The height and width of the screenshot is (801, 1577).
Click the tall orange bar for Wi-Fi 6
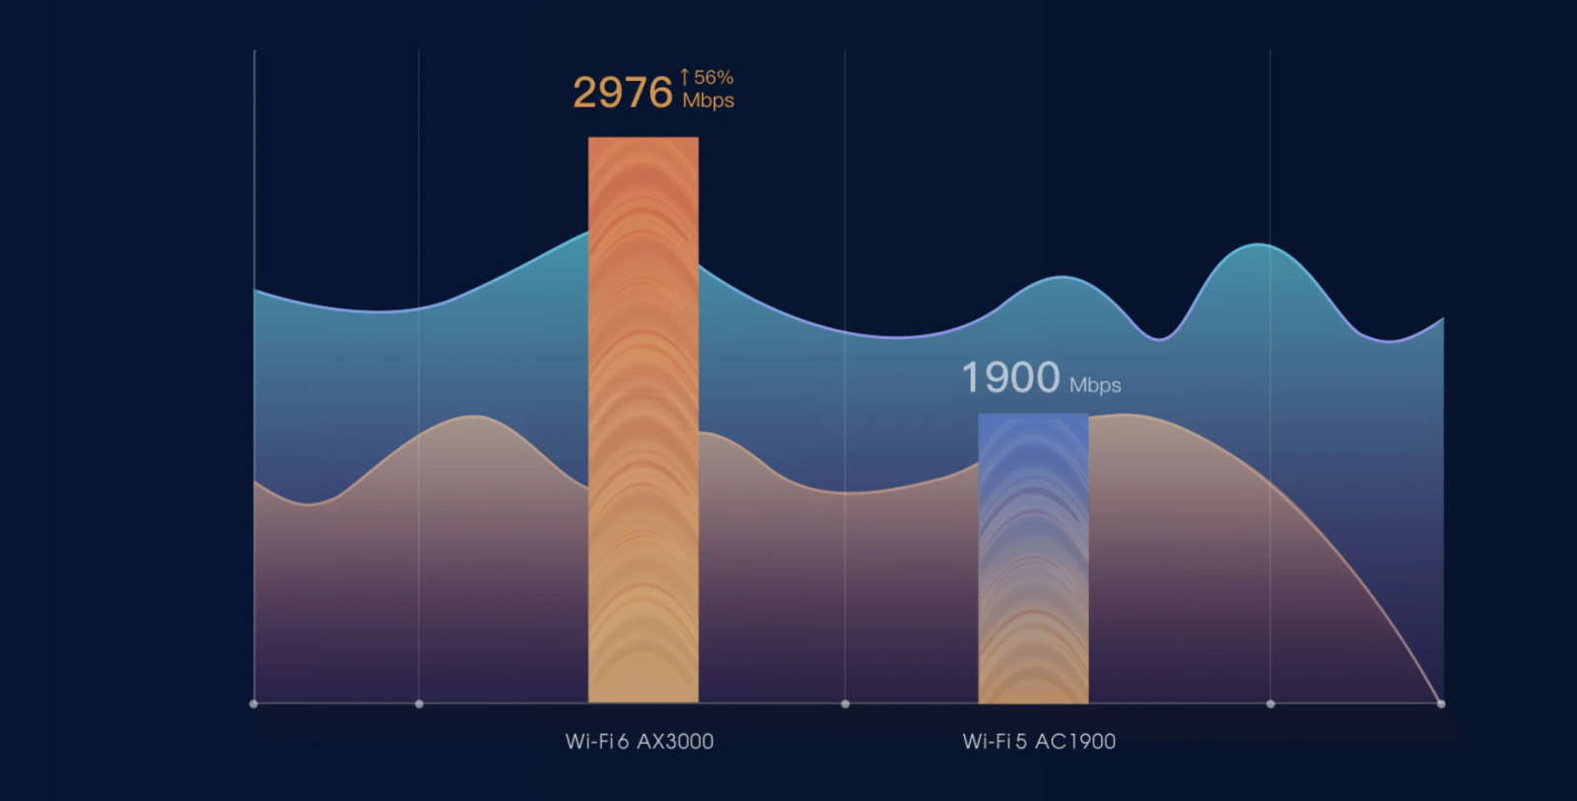point(644,420)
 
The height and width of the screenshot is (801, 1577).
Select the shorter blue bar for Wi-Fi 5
point(1034,559)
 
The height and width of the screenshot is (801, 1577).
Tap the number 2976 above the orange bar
point(623,93)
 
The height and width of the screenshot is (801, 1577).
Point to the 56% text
point(714,78)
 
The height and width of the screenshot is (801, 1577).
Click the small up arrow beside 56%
point(684,78)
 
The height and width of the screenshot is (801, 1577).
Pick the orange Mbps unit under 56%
point(709,100)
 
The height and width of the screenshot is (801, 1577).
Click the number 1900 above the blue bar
point(1011,377)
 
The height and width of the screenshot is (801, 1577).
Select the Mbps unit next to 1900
point(1095,385)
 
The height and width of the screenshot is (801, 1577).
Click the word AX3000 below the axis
point(675,742)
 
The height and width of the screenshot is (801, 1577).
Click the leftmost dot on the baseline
point(253,703)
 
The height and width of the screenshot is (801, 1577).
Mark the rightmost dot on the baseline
point(1441,703)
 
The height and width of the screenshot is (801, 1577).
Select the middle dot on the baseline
point(846,703)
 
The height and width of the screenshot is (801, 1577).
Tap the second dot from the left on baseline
point(419,703)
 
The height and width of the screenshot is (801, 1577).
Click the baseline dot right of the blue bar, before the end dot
point(1270,703)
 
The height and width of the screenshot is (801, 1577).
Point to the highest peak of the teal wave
point(1259,245)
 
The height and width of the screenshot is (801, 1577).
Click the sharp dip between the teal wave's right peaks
point(1159,339)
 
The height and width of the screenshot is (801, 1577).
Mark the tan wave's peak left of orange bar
point(474,417)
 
